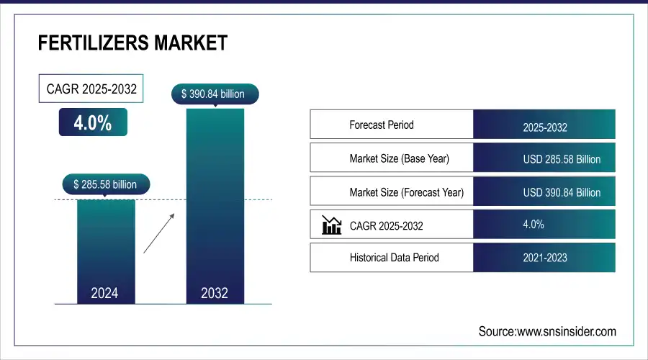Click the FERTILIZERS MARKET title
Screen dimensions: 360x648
pyautogui.click(x=132, y=43)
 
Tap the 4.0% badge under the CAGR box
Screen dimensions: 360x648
pyautogui.click(x=93, y=123)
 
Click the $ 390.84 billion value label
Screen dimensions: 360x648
pyautogui.click(x=215, y=94)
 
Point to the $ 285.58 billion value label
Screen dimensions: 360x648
pyautogui.click(x=105, y=184)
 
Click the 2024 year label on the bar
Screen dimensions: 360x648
pyautogui.click(x=105, y=293)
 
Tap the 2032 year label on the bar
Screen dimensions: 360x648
pyautogui.click(x=215, y=293)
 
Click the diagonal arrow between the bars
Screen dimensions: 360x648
pyautogui.click(x=159, y=233)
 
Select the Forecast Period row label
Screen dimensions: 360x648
pyautogui.click(x=382, y=125)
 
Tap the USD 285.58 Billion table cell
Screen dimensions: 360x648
pyautogui.click(x=562, y=159)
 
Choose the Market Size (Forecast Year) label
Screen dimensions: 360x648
pyautogui.click(x=406, y=192)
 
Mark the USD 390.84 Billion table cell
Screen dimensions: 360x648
pyautogui.click(x=562, y=192)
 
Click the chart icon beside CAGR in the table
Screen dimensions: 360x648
pyautogui.click(x=331, y=225)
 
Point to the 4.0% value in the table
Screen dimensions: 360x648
pyautogui.click(x=534, y=225)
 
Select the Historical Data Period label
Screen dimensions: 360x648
pyautogui.click(x=394, y=257)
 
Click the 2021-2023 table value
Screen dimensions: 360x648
pyautogui.click(x=545, y=258)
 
